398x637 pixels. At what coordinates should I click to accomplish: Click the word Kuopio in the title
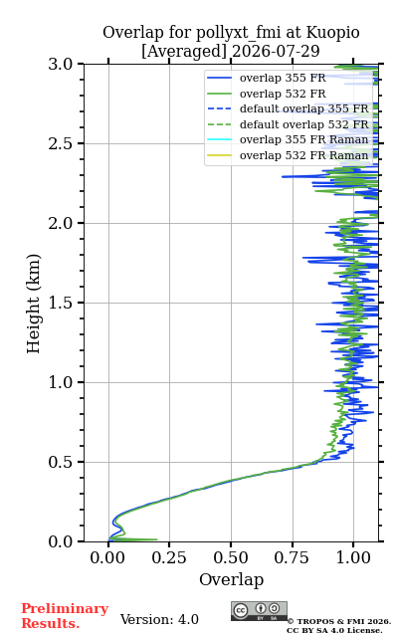pyautogui.click(x=332, y=33)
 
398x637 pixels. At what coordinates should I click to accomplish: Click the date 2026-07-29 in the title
pyautogui.click(x=277, y=52)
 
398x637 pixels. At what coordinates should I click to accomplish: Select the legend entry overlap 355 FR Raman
pyautogui.click(x=303, y=139)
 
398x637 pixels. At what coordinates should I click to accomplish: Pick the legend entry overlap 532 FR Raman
pyautogui.click(x=303, y=155)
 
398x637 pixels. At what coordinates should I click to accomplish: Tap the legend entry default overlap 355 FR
pyautogui.click(x=303, y=108)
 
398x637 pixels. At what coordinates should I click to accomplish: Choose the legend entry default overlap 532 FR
pyautogui.click(x=303, y=124)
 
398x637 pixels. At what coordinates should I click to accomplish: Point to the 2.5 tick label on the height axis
pyautogui.click(x=61, y=143)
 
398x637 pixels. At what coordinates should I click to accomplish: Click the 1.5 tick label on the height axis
pyautogui.click(x=61, y=303)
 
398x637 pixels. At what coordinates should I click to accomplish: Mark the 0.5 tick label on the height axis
pyautogui.click(x=61, y=462)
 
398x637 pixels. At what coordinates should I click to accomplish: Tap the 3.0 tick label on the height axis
pyautogui.click(x=61, y=64)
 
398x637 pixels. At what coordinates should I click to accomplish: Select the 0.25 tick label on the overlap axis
pyautogui.click(x=169, y=557)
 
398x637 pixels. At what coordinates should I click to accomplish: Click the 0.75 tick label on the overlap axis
pyautogui.click(x=292, y=557)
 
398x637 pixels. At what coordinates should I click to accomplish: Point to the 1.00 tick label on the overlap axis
pyautogui.click(x=353, y=557)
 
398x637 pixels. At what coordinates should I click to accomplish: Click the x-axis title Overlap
pyautogui.click(x=232, y=579)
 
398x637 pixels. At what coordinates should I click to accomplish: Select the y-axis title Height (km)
pyautogui.click(x=33, y=304)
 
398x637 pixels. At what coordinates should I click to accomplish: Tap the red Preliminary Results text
pyautogui.click(x=65, y=616)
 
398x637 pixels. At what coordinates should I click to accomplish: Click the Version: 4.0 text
pyautogui.click(x=159, y=619)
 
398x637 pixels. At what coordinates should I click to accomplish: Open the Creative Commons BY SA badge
pyautogui.click(x=259, y=611)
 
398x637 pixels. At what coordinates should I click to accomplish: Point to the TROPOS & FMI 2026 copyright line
pyautogui.click(x=339, y=621)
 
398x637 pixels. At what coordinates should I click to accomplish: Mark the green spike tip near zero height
pyautogui.click(x=157, y=539)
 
